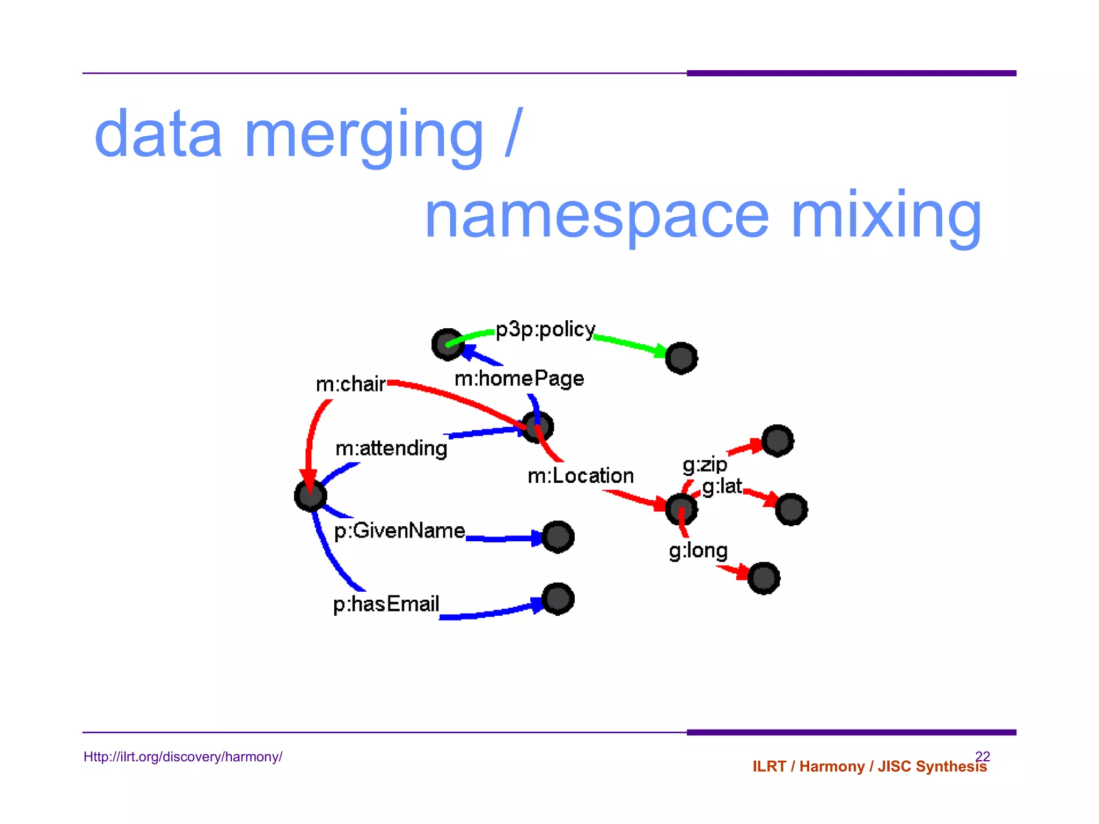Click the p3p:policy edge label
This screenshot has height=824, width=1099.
click(x=545, y=330)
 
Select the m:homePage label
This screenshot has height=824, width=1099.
click(x=519, y=379)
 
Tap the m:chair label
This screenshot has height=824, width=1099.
click(x=350, y=384)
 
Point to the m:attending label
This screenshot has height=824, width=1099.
click(x=391, y=448)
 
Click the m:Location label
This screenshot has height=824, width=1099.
click(x=581, y=476)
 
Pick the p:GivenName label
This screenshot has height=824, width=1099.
click(x=399, y=531)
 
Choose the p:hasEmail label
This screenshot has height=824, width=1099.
click(x=386, y=604)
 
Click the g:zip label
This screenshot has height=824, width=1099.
click(x=705, y=465)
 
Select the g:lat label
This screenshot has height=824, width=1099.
click(x=722, y=487)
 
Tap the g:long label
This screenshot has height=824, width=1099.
click(x=698, y=551)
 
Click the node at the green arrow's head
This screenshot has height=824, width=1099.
click(x=681, y=358)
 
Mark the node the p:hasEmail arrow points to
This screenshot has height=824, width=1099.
click(x=558, y=599)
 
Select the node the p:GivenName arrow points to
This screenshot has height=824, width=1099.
click(x=558, y=536)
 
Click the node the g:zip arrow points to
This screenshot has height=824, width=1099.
click(x=777, y=441)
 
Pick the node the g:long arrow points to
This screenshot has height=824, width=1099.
click(x=764, y=578)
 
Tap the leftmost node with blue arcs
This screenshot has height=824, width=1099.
click(x=311, y=495)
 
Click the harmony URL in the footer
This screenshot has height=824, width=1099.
click(x=183, y=757)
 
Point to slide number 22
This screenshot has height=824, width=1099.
click(x=982, y=756)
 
